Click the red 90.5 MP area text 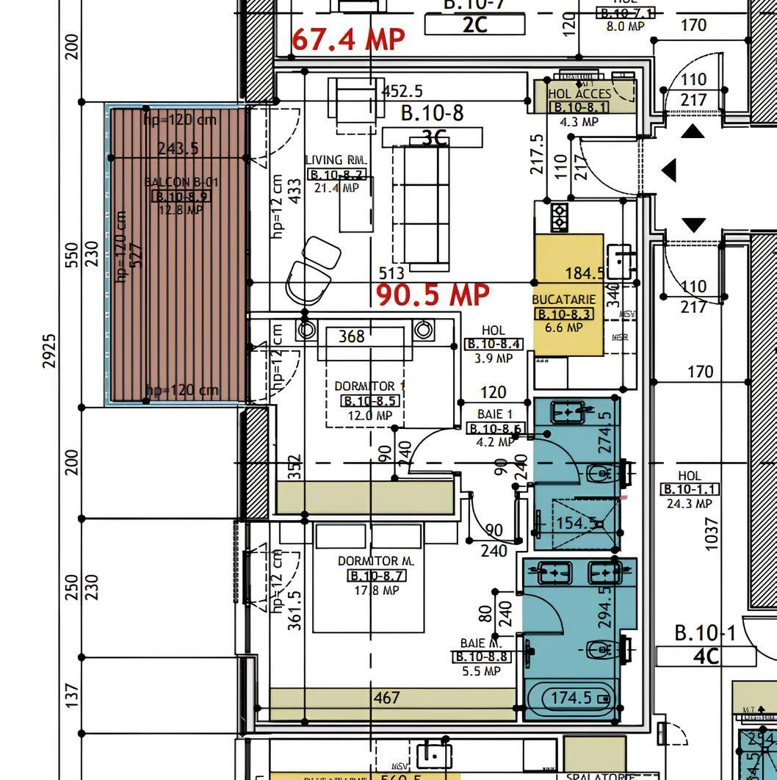coord(433,295)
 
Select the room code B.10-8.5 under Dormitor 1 coord(369,401)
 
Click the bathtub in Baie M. coord(572,698)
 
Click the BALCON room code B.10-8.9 coord(181,196)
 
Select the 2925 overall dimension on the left coord(49,350)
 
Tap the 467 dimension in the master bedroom coord(386,698)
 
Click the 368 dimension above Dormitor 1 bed coord(351,336)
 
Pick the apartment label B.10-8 coord(432,113)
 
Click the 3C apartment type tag coord(434,137)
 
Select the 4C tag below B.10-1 coord(705,656)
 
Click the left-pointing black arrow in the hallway coord(668,170)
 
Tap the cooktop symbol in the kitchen coord(559,217)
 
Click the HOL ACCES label coord(579,94)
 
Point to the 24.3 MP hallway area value coord(690,504)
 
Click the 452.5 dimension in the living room coord(402,91)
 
